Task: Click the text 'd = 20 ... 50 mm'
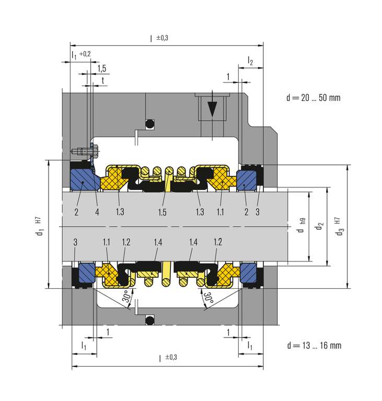point(314,98)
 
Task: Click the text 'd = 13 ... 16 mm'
point(314,346)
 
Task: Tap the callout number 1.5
point(162,212)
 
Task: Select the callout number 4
point(97,212)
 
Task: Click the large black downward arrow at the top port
point(212,109)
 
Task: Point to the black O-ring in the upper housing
point(150,124)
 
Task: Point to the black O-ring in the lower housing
point(150,320)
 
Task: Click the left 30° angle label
point(127,296)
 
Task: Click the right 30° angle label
point(209,298)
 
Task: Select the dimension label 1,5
point(102,68)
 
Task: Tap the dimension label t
point(102,80)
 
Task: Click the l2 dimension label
point(250,61)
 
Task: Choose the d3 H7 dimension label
point(339,227)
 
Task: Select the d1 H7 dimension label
point(39,227)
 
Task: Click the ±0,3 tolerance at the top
point(163,38)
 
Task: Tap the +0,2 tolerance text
point(85,54)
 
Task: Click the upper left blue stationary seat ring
point(84,179)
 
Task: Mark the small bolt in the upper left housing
point(85,151)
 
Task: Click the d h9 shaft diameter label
point(301,226)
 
